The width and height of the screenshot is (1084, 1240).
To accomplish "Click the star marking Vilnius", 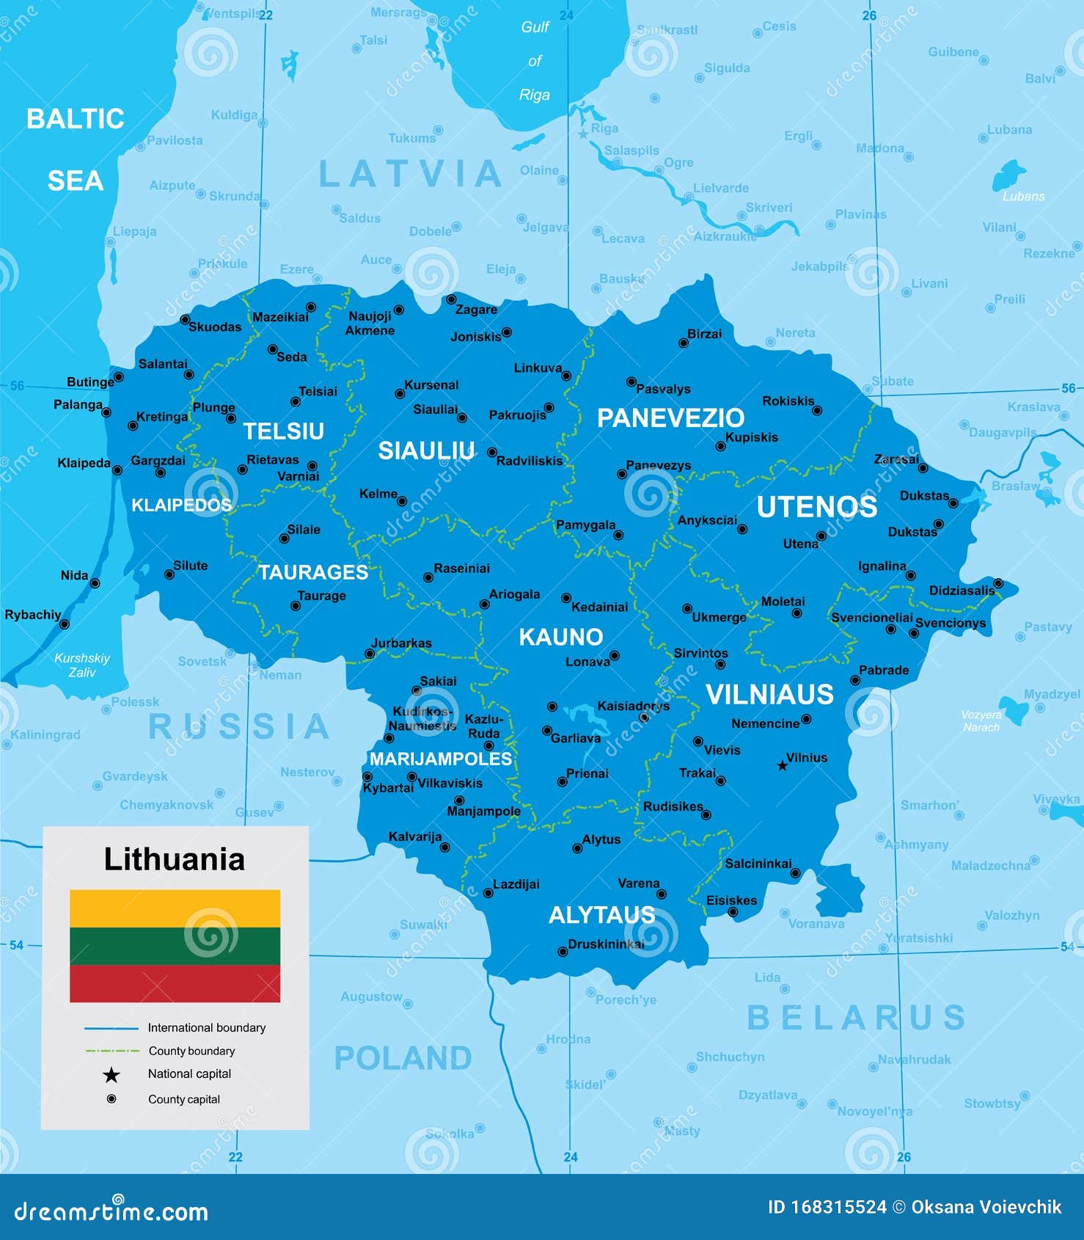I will click(782, 766).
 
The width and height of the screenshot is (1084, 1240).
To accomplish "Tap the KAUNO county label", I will click(561, 637).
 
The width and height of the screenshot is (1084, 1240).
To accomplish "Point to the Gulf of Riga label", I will click(535, 61).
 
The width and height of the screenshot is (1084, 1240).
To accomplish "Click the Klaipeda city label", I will click(84, 463).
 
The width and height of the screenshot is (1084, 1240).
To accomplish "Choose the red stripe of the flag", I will click(175, 983).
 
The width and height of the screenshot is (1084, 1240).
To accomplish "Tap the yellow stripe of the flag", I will click(175, 908).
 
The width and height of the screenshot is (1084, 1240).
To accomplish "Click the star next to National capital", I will click(111, 1075).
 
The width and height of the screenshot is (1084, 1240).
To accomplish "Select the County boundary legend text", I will click(191, 1051).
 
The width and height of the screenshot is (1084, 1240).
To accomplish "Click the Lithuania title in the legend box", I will click(174, 859).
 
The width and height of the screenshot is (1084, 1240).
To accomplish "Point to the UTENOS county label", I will click(816, 507).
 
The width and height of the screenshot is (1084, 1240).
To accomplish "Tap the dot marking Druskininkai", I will click(563, 952).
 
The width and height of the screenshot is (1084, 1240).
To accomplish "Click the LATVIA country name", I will click(410, 174).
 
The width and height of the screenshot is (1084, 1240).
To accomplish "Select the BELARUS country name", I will click(855, 1018).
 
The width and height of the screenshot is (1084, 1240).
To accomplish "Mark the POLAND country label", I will click(403, 1058).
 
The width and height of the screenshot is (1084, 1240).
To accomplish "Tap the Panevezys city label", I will click(658, 465).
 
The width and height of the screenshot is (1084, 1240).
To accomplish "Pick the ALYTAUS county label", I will click(601, 915).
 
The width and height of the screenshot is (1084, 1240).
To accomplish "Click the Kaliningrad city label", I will click(45, 734).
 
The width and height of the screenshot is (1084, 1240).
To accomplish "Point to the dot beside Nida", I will click(95, 583).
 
